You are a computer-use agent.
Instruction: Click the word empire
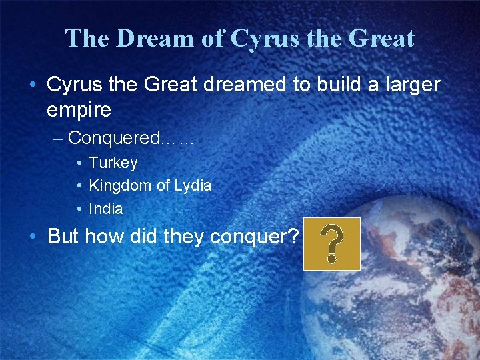pyautogui.click(x=79, y=110)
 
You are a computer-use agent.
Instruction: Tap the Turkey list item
pyautogui.click(x=113, y=163)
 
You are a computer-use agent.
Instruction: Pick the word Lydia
pyautogui.click(x=192, y=186)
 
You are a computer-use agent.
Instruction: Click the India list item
pyautogui.click(x=106, y=209)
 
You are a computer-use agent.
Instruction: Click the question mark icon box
pyautogui.click(x=331, y=244)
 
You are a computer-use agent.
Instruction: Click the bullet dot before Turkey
pyautogui.click(x=79, y=163)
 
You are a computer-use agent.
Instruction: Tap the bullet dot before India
pyautogui.click(x=79, y=209)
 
